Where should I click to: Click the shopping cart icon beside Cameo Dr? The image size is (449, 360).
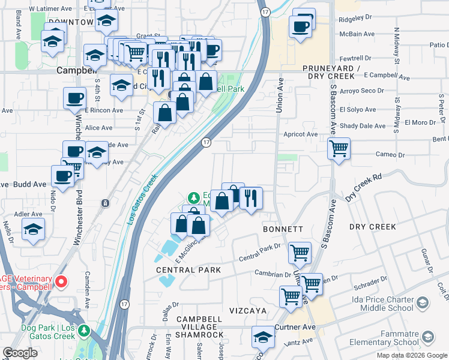[x=339, y=148]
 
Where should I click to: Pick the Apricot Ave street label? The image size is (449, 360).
[x=301, y=134]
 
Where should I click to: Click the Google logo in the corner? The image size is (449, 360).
[x=20, y=353]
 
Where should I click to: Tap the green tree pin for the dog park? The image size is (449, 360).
[x=84, y=330]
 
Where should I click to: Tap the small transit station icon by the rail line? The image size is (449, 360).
[x=106, y=203]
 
